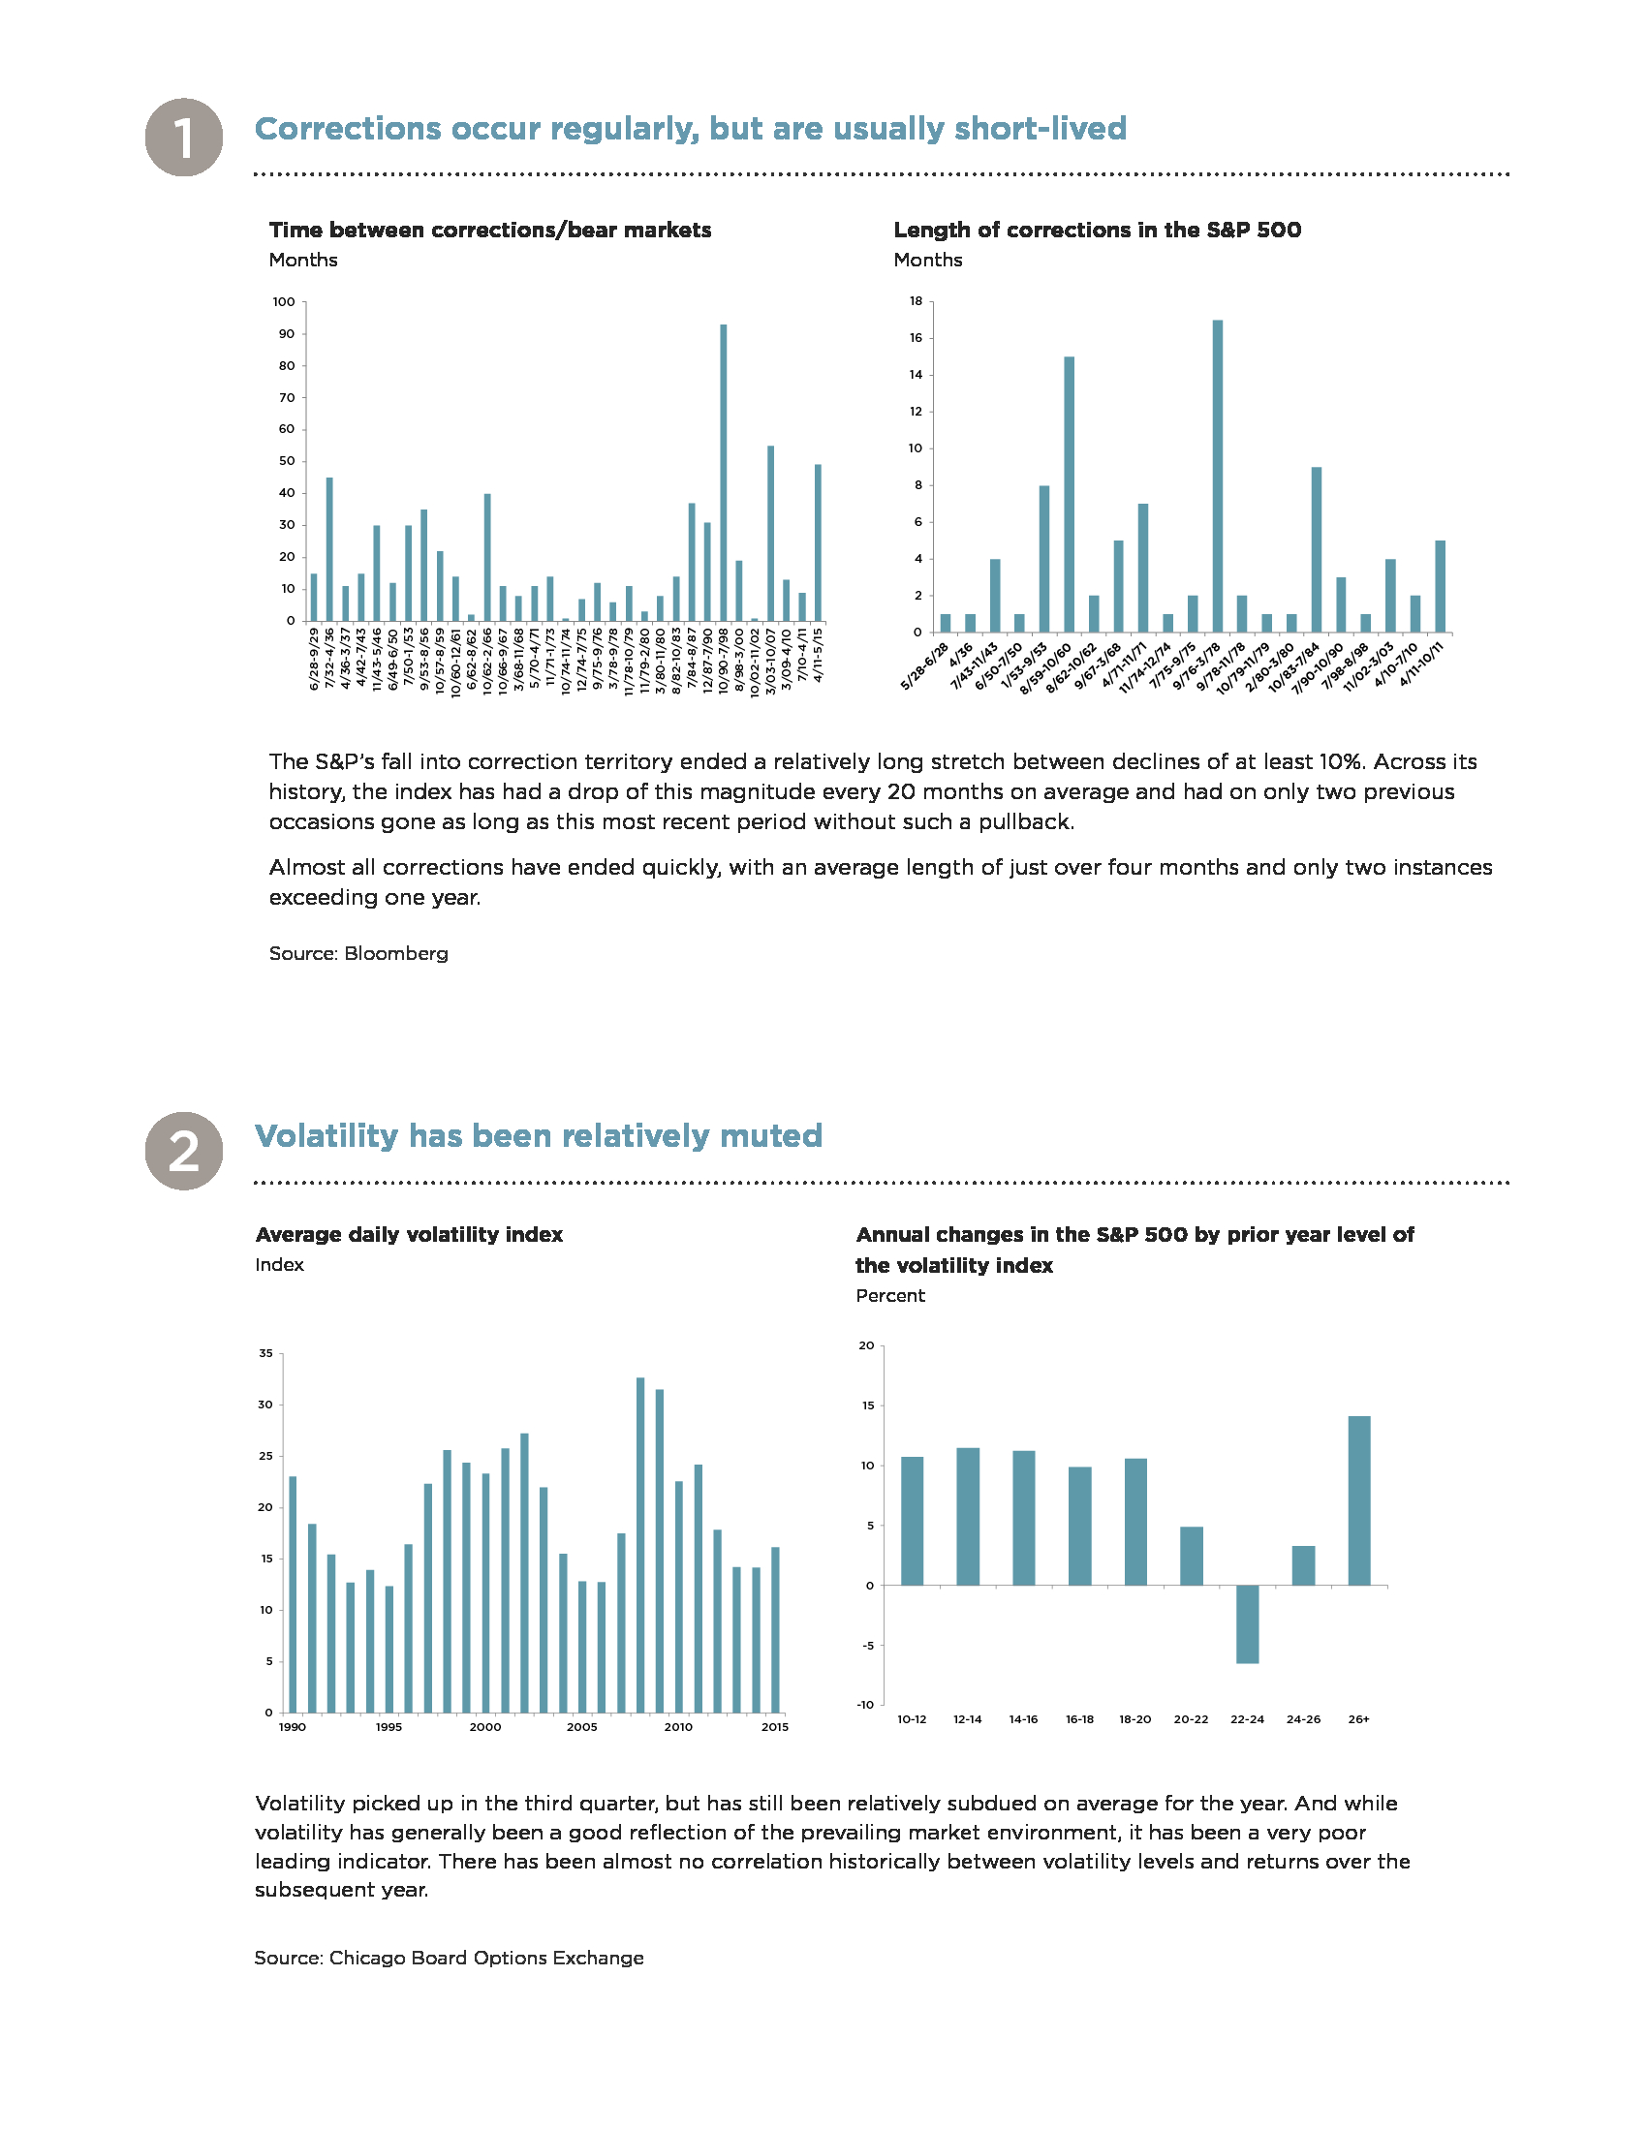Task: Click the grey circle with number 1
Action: (x=183, y=138)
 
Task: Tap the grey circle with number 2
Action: (x=183, y=1151)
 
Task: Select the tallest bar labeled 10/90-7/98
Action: (x=723, y=473)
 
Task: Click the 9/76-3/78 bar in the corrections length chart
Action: (x=1218, y=477)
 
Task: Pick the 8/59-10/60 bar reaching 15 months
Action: (x=1070, y=495)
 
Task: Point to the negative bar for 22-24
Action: (x=1247, y=1623)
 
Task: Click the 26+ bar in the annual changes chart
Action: (x=1359, y=1499)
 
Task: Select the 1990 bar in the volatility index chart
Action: (x=293, y=1594)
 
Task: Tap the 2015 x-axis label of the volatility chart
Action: (x=775, y=1727)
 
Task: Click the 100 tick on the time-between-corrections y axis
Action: (x=284, y=302)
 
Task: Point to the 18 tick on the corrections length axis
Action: (x=916, y=301)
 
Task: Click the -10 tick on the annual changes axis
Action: (x=865, y=1705)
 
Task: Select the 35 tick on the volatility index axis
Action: (x=266, y=1353)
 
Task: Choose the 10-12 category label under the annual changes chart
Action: (x=913, y=1719)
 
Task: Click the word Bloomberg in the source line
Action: (x=396, y=953)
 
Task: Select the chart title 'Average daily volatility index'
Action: (x=410, y=1234)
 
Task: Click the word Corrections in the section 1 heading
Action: (x=349, y=129)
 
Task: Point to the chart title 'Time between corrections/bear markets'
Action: (x=491, y=231)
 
